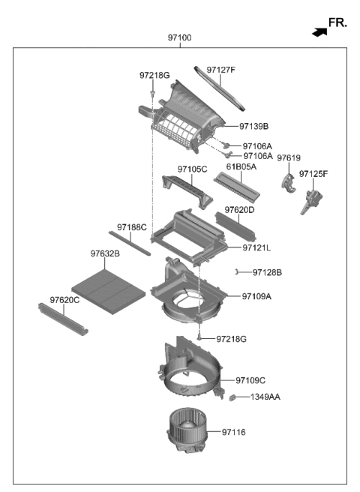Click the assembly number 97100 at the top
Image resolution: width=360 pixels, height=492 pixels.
(x=180, y=37)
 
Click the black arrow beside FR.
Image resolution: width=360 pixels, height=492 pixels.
(x=319, y=32)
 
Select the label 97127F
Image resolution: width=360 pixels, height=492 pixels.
(x=221, y=70)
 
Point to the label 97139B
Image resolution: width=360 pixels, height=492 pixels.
(x=254, y=126)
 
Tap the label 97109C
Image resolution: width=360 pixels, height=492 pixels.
(x=250, y=380)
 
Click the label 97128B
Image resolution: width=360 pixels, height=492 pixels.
(x=267, y=272)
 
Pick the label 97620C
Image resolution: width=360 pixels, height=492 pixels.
(x=65, y=300)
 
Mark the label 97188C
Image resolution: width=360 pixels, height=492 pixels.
(x=132, y=226)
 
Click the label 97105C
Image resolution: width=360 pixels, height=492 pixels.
(x=192, y=169)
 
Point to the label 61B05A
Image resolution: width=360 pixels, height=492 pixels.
(x=241, y=166)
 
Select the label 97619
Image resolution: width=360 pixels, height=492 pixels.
(x=289, y=157)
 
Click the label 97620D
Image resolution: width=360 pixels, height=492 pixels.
(x=240, y=210)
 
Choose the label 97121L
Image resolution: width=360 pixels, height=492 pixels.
(x=256, y=247)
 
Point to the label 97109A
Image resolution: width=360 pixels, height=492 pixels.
(x=256, y=296)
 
